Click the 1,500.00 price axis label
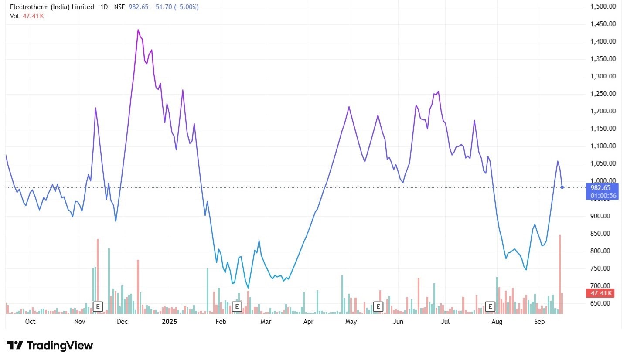(x=603, y=7)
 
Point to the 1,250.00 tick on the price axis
(x=603, y=94)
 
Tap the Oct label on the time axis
(x=30, y=322)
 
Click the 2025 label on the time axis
(x=169, y=322)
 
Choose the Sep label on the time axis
(x=540, y=322)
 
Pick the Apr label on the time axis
(x=308, y=322)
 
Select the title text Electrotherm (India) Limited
(x=52, y=7)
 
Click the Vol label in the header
(x=14, y=16)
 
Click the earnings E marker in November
(x=98, y=306)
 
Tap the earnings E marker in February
(x=237, y=306)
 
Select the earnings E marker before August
(x=491, y=306)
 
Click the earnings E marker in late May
(x=378, y=306)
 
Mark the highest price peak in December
(x=138, y=30)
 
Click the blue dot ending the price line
(x=562, y=187)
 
